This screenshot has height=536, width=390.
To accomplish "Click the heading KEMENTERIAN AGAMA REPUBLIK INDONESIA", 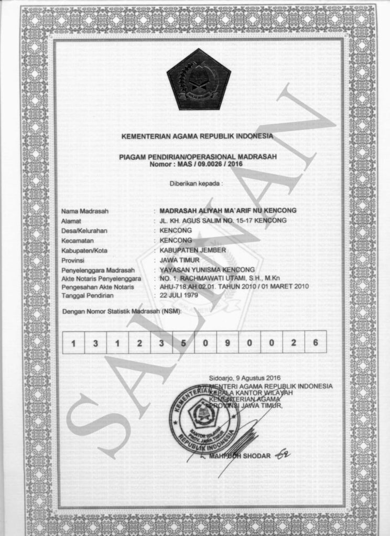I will (197, 137).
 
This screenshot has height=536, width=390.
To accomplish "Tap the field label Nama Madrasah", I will (84, 211).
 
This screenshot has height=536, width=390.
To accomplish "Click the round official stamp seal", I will (204, 419).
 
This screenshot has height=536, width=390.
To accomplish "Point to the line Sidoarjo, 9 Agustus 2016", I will (245, 378).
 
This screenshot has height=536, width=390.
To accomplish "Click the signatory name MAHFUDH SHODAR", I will (240, 456).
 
